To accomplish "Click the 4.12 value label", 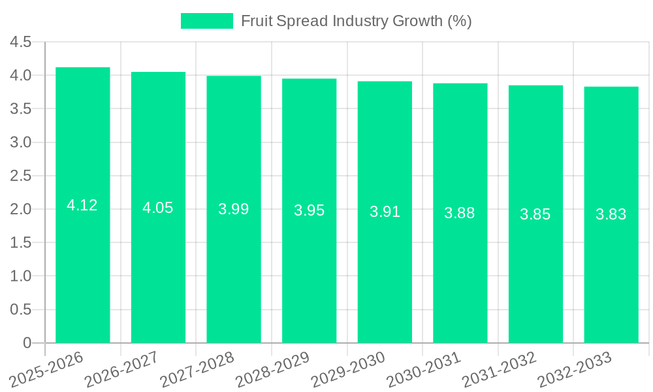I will click(x=82, y=205).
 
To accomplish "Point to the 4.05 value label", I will click(x=158, y=208).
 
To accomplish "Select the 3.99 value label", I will click(x=234, y=209).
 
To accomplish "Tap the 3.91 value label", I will click(x=385, y=212).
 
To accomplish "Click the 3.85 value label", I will click(x=535, y=214).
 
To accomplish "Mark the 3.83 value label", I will click(x=611, y=214).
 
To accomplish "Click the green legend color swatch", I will click(x=206, y=21).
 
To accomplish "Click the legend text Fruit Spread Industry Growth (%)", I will click(x=356, y=21).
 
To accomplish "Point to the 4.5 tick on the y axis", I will click(x=21, y=42).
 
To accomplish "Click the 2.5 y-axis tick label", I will click(x=21, y=176).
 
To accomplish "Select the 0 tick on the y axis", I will click(x=27, y=343).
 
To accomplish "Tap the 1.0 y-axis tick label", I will click(x=21, y=276).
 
